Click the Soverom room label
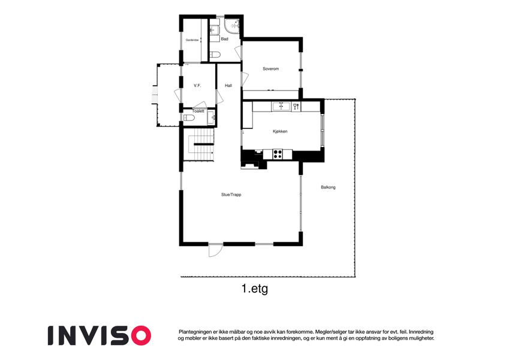tap(271, 69)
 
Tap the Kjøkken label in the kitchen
tap(280, 131)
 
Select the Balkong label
tap(328, 187)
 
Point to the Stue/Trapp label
tap(231, 195)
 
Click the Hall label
tap(228, 86)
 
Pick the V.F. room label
tap(197, 86)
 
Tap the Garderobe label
tap(192, 40)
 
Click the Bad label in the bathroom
tap(225, 39)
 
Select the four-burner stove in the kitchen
tap(278, 154)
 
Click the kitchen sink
tap(281, 106)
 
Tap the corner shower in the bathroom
tap(233, 26)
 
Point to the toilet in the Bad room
tap(216, 54)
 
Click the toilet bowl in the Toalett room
tap(189, 118)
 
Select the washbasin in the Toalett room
tap(211, 118)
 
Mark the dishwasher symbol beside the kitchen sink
tap(296, 106)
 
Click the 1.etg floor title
tap(255, 289)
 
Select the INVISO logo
tap(100, 335)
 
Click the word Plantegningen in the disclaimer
tap(194, 332)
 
